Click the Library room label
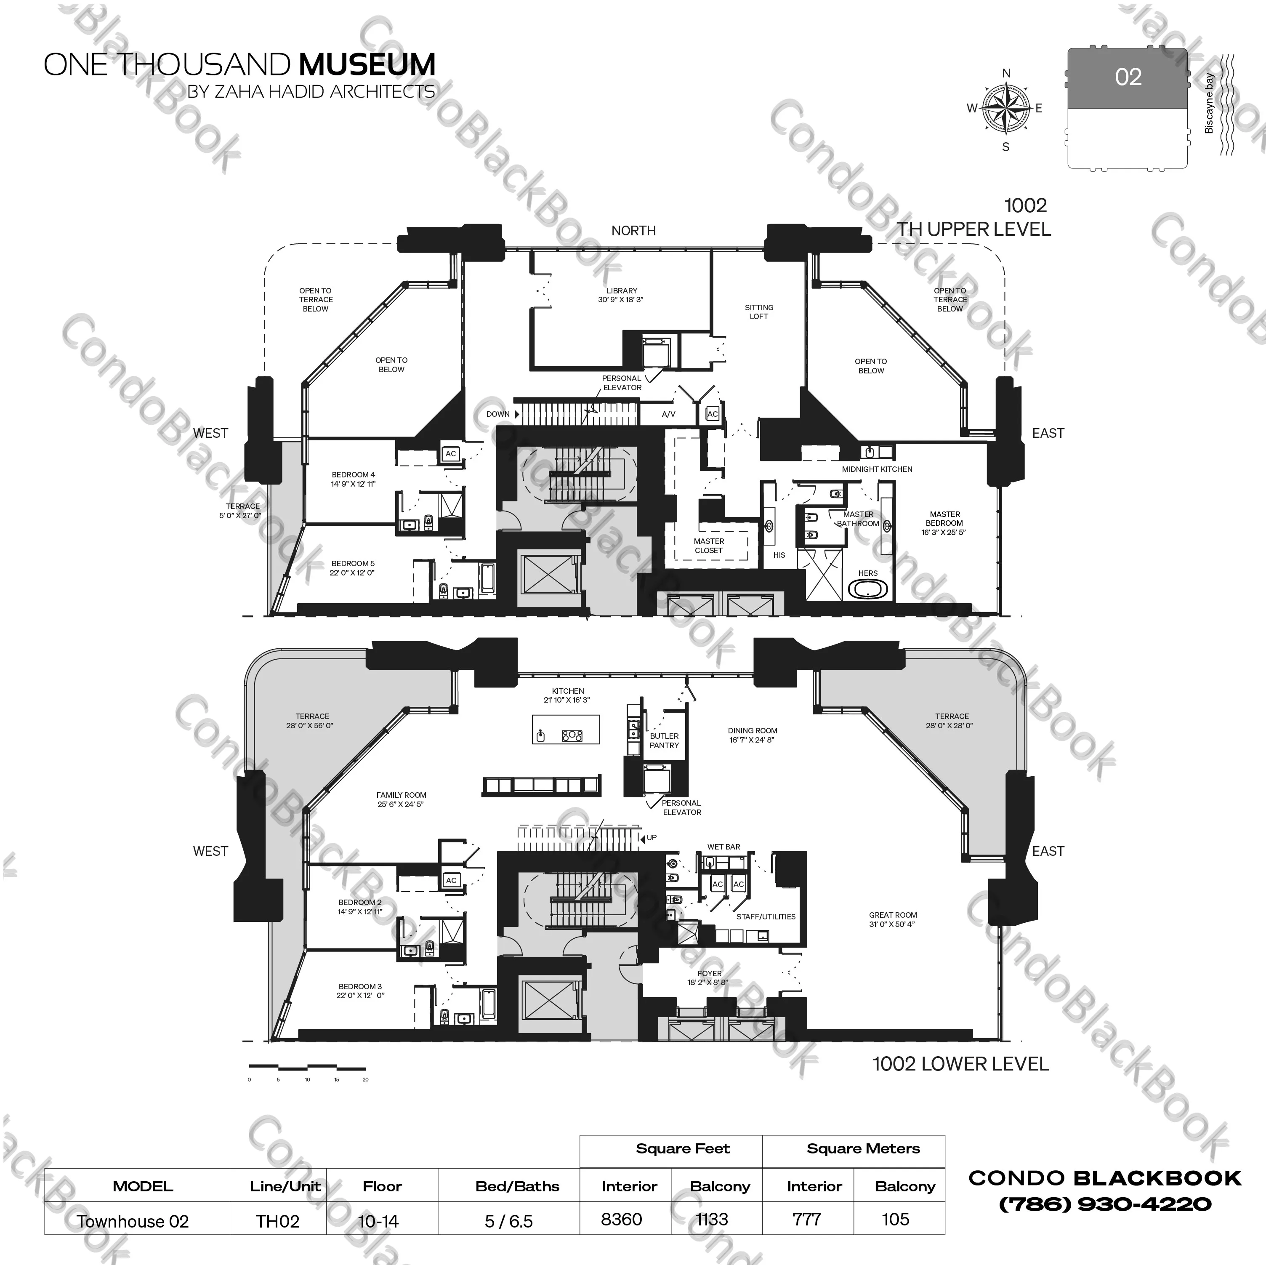pos(621,295)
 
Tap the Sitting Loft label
pos(759,312)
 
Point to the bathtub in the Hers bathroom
pos(868,588)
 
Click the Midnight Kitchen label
pos(877,469)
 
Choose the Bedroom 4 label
pos(353,479)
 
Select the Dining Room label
pos(752,735)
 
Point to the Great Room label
pos(893,919)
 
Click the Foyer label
pos(709,978)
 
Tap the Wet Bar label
pos(723,847)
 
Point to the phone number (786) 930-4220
pos(1105,1204)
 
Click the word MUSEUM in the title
pos(367,64)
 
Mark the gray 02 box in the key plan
pos(1127,77)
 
